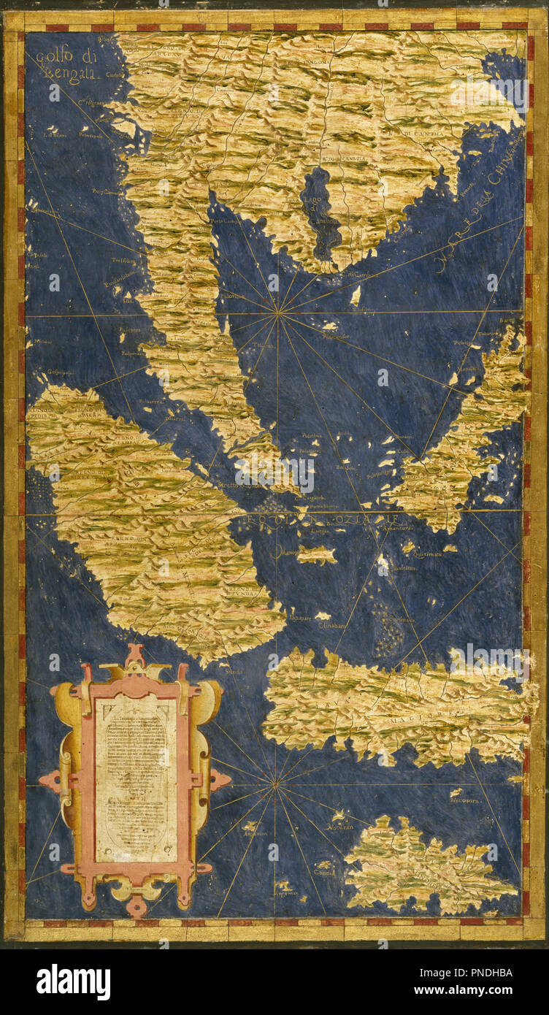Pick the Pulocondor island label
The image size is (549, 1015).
coord(335,337)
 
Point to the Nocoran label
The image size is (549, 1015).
coord(340,827)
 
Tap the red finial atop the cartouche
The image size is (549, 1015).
coord(134,652)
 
